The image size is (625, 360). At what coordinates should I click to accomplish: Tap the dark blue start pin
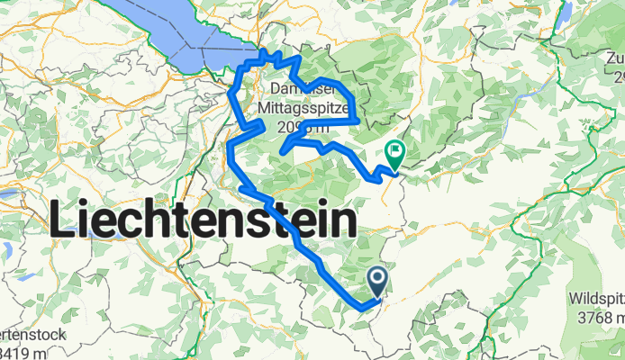point(377,283)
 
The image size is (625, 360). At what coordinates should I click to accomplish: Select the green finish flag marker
point(394,155)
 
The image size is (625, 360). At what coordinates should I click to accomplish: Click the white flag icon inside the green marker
point(394,150)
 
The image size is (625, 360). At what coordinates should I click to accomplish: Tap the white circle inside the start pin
point(377,279)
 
